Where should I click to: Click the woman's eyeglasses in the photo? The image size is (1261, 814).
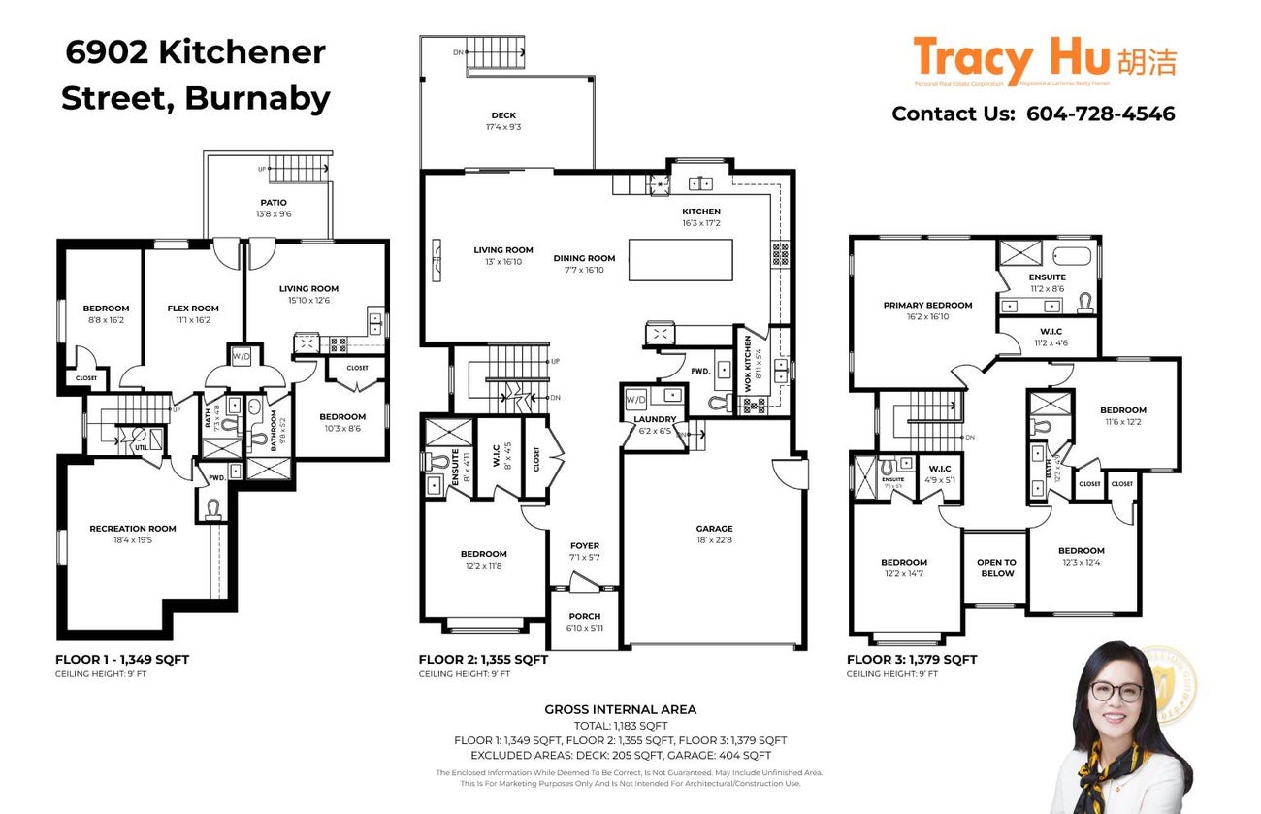[x=1115, y=692]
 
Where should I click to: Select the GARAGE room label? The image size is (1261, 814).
[x=714, y=529]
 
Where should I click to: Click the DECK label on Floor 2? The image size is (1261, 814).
[x=502, y=115]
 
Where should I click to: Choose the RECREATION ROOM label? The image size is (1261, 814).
[x=133, y=529]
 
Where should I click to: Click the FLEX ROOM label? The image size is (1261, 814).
[x=192, y=309]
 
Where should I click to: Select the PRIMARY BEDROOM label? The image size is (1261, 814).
[x=927, y=305]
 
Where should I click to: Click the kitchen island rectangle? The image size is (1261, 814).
[x=680, y=259]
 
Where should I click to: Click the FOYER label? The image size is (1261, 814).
[x=584, y=545]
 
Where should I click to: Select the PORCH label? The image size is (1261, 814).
[x=584, y=616]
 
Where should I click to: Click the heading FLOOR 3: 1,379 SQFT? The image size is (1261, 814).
[x=912, y=660]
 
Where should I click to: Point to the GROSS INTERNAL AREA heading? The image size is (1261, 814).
[x=620, y=710]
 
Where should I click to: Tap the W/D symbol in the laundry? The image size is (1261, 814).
[x=635, y=399]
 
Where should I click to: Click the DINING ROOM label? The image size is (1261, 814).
[x=584, y=258]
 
